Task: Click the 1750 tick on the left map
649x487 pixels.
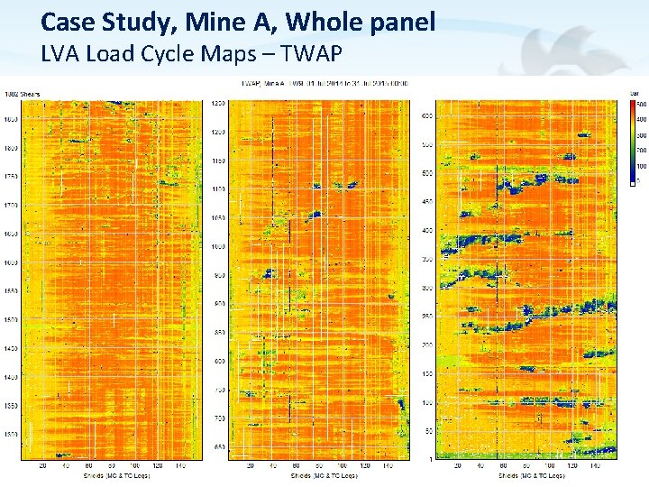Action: pyautogui.click(x=11, y=177)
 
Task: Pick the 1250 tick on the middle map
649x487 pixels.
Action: pyautogui.click(x=217, y=104)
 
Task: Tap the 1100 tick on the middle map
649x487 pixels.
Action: pyautogui.click(x=217, y=189)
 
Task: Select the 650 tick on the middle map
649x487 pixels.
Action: pyautogui.click(x=219, y=447)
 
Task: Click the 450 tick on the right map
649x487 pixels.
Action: pyautogui.click(x=427, y=201)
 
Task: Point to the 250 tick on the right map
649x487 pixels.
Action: pyautogui.click(x=427, y=317)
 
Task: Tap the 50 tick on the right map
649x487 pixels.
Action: pyautogui.click(x=429, y=431)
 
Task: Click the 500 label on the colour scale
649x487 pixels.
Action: pyautogui.click(x=641, y=105)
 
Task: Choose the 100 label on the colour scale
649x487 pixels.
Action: pyautogui.click(x=641, y=166)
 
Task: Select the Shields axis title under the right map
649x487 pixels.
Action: pyautogui.click(x=507, y=475)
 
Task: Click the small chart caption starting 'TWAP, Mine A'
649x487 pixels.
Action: pyautogui.click(x=324, y=83)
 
